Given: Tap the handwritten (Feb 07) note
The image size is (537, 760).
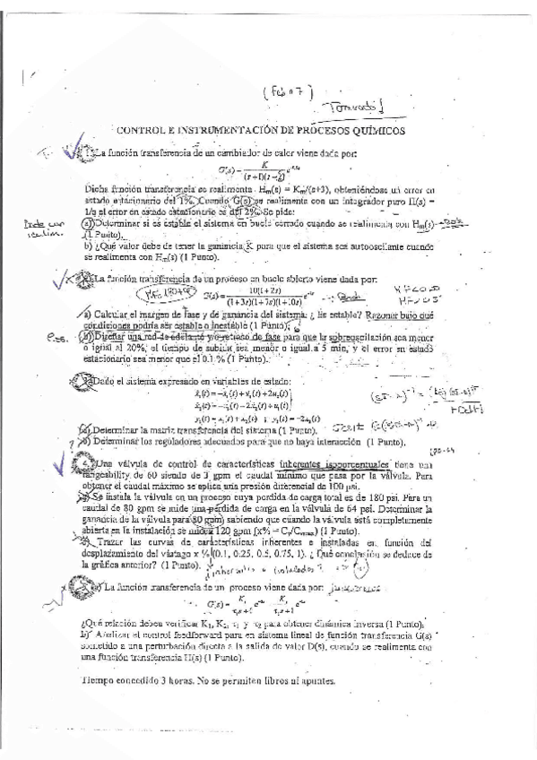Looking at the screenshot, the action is (x=289, y=91).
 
